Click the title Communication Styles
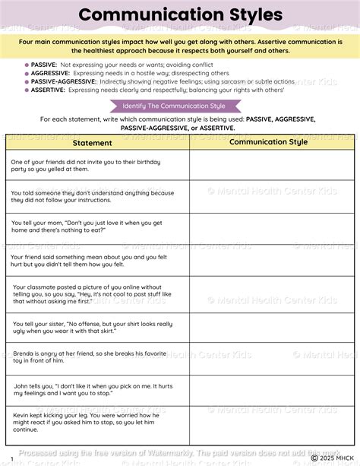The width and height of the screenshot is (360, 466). (x=180, y=14)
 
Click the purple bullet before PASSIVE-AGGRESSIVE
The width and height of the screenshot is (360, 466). (x=27, y=81)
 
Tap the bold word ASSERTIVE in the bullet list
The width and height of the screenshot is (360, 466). (x=49, y=89)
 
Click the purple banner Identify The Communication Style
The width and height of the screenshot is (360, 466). (x=180, y=105)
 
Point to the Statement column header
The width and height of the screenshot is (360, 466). (x=92, y=143)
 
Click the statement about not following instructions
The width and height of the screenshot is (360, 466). (x=93, y=197)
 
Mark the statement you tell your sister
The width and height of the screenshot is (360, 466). (x=87, y=328)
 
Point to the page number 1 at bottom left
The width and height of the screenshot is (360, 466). (x=11, y=458)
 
